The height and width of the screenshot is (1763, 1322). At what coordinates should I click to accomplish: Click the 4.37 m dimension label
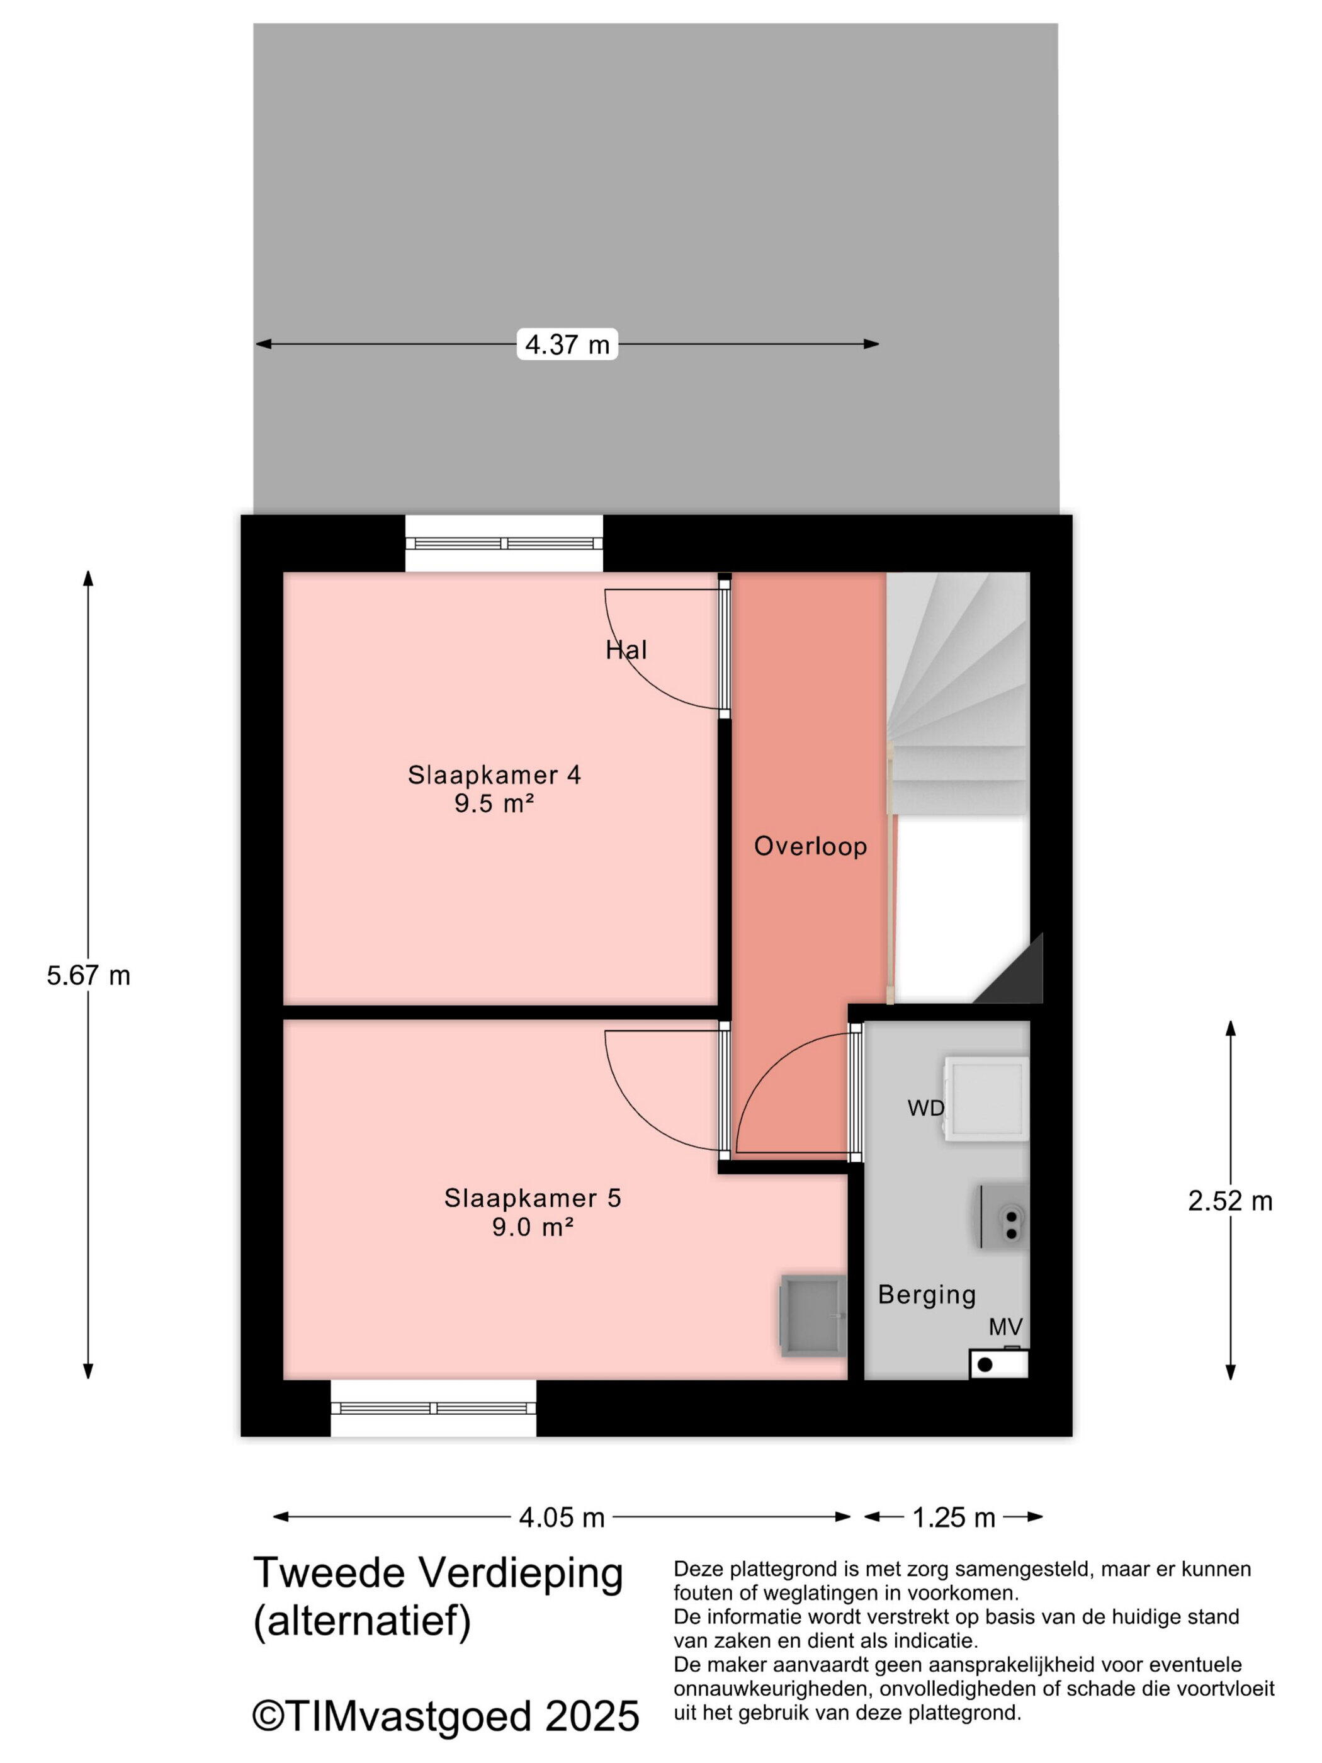567,344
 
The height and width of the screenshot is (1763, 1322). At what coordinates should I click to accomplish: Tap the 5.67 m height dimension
89,975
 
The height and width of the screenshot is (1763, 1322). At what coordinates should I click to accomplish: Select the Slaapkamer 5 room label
533,1198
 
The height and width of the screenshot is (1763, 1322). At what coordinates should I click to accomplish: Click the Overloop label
810,846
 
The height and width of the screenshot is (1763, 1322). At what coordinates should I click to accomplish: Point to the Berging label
927,1295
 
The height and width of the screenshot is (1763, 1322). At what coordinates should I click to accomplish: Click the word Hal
626,650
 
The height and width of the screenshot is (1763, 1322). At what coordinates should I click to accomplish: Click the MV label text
1005,1327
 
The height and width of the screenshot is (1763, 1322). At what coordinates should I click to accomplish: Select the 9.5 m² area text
494,803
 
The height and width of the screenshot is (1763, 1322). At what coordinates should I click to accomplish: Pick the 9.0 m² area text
533,1227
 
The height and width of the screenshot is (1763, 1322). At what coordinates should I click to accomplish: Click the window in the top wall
504,543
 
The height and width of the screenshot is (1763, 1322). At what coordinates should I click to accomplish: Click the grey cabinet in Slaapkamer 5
813,1316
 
